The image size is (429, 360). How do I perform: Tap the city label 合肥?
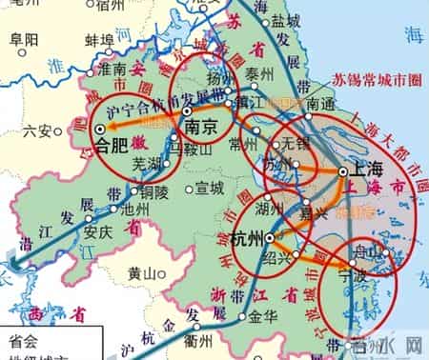pos(117,145)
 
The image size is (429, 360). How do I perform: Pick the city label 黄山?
pos(141,272)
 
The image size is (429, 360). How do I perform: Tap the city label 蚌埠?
pos(100,40)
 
